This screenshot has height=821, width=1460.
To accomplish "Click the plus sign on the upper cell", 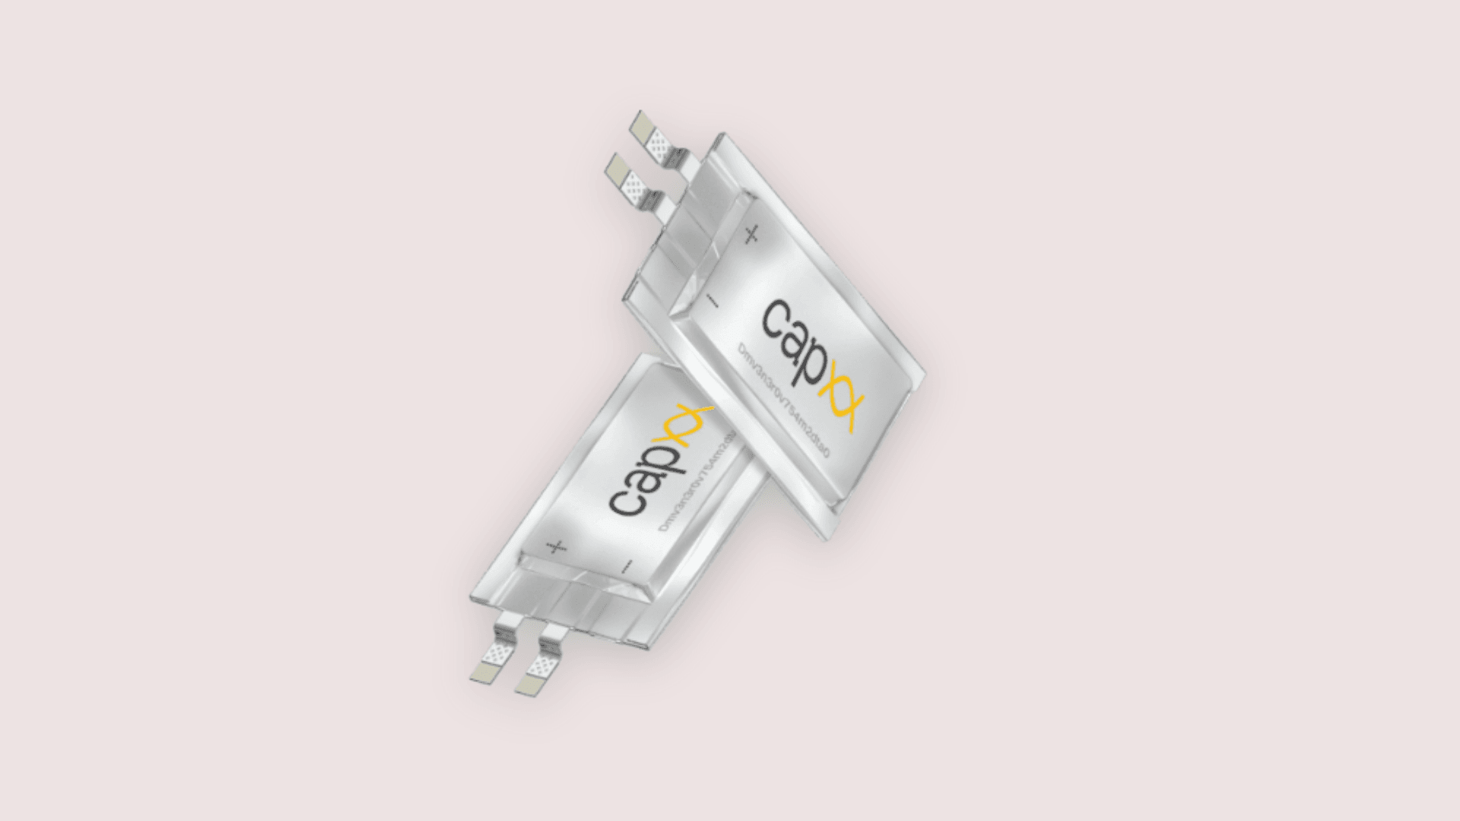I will (x=752, y=236).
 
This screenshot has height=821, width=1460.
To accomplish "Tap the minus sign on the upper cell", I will (x=713, y=301).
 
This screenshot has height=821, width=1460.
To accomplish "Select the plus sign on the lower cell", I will (x=557, y=547).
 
